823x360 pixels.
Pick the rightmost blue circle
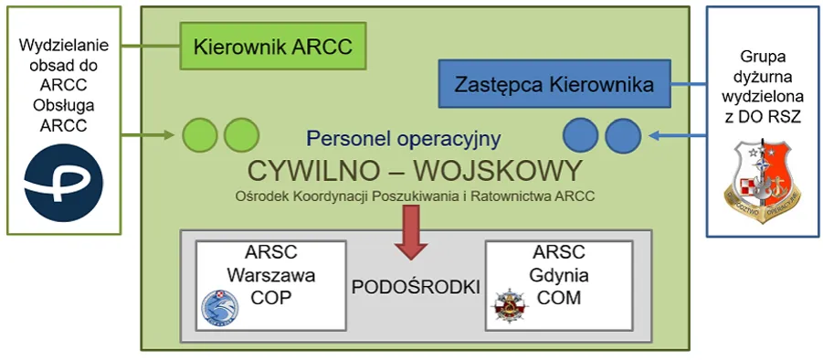point(623,135)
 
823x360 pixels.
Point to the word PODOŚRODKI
point(416,286)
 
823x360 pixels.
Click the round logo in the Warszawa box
point(219,308)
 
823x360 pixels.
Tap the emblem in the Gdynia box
point(508,308)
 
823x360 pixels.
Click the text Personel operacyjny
point(404,139)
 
